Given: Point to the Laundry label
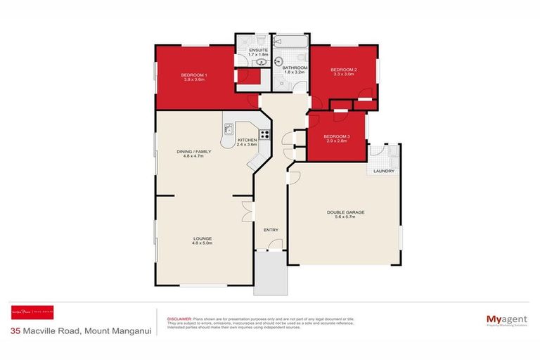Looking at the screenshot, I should [383, 171].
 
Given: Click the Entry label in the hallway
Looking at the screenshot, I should [271, 230].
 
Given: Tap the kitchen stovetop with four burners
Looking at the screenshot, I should [265, 134].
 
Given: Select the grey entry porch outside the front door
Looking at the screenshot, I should [271, 274].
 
